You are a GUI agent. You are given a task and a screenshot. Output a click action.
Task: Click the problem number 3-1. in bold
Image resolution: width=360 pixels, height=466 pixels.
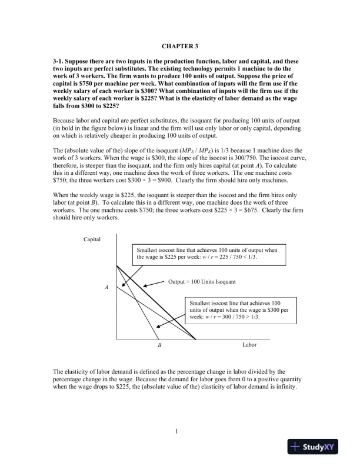[x=61, y=61]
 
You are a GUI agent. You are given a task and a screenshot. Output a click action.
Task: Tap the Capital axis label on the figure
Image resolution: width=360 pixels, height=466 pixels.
[x=93, y=239]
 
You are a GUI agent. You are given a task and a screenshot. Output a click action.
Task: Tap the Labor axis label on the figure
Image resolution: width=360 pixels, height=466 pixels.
[x=250, y=345]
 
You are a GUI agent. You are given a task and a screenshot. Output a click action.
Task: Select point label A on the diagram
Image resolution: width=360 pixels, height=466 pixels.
[x=106, y=288]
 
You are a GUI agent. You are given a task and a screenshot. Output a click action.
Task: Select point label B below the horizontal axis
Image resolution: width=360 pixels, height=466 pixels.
[x=159, y=346]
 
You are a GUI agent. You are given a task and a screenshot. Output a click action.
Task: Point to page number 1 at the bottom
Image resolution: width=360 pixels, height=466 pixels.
[x=176, y=433]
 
